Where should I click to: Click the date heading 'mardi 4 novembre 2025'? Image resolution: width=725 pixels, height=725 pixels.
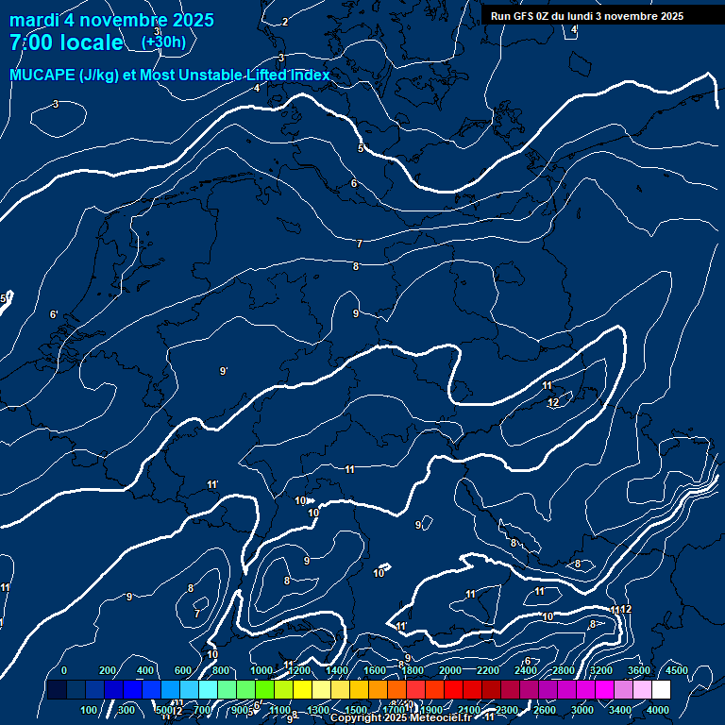(x=111, y=20)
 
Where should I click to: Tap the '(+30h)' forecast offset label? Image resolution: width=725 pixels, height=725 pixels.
(x=163, y=42)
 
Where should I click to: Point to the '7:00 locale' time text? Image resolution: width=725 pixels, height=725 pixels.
(x=65, y=42)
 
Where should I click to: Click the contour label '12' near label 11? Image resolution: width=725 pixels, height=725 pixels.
(x=553, y=403)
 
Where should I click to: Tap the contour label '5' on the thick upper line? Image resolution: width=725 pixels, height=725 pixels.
(x=361, y=148)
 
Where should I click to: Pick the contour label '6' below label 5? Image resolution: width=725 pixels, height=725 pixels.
(x=353, y=183)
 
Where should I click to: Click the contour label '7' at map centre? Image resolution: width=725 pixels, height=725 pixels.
(x=359, y=244)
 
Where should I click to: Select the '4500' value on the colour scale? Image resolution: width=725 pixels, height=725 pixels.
(x=676, y=670)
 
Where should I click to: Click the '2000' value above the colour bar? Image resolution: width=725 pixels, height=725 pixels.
(x=450, y=670)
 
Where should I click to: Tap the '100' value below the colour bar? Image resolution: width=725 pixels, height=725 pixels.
(x=90, y=710)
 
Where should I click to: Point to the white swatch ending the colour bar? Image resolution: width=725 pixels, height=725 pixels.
(x=661, y=690)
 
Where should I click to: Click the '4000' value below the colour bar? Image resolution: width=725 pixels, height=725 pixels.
(x=658, y=710)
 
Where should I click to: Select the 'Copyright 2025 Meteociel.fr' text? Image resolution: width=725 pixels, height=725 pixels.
(x=400, y=718)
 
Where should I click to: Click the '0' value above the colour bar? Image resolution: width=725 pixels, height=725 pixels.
(x=64, y=670)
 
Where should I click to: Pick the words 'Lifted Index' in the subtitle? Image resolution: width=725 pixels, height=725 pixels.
(x=288, y=75)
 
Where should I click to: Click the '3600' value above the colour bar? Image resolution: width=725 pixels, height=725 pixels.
(x=639, y=670)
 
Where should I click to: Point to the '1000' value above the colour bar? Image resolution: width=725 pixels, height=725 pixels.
(x=261, y=670)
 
